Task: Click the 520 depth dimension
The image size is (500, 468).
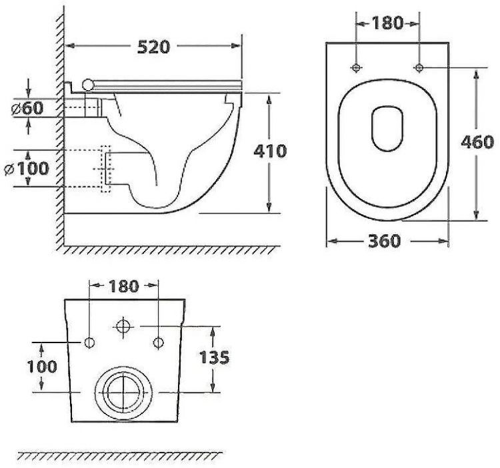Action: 154,46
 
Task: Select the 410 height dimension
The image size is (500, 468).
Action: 270,151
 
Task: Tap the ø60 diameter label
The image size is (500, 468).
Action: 27,107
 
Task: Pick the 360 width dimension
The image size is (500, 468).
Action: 385,241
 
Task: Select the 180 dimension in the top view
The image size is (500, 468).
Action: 387,23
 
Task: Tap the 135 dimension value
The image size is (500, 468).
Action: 214,357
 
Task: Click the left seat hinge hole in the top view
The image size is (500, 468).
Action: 356,67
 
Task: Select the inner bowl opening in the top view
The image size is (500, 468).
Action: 387,127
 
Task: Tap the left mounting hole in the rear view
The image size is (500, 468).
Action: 90,343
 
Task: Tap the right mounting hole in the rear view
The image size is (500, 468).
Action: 158,343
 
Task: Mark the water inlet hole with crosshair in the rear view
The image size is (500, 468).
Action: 123,326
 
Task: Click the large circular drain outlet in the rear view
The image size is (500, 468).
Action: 123,392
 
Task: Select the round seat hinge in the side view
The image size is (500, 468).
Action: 87,83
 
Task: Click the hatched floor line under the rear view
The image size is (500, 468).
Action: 120,456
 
